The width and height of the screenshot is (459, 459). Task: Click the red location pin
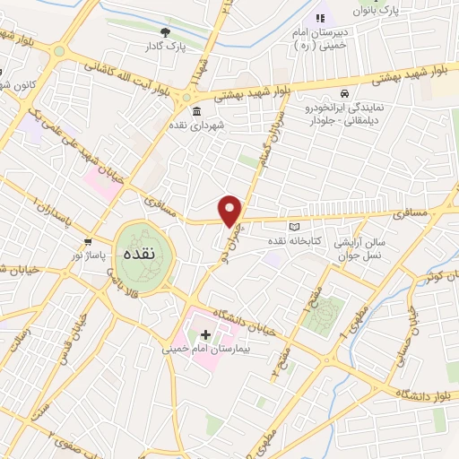tap(231, 211)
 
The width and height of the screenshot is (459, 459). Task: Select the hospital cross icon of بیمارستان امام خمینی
tap(205, 333)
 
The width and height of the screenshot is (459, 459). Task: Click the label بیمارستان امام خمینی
tap(203, 347)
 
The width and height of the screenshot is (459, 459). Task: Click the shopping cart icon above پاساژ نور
tap(88, 242)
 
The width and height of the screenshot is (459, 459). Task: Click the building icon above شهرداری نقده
tap(196, 110)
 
